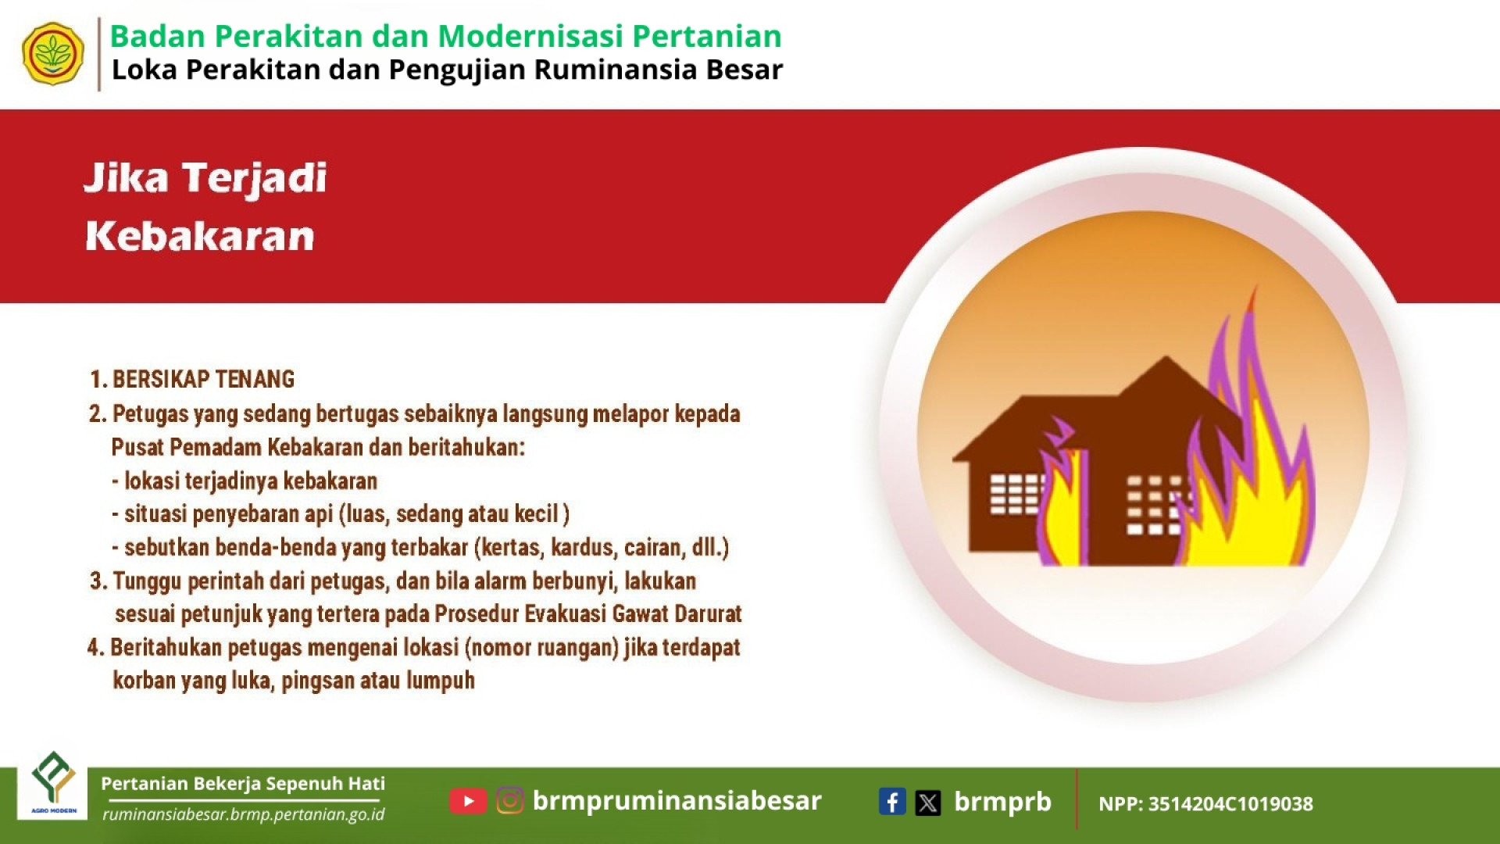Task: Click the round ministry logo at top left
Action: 53,54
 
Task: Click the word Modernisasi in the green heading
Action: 530,36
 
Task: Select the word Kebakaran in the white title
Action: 200,236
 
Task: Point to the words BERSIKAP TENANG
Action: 203,380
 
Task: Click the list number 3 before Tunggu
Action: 97,581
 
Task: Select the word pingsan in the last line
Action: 317,681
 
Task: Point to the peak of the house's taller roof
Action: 1166,357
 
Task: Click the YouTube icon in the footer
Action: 468,801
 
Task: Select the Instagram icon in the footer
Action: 510,801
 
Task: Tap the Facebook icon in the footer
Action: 892,802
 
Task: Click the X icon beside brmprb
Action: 928,803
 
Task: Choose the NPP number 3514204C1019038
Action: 1230,804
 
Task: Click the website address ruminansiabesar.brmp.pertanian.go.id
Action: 244,814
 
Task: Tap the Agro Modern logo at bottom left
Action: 53,785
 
